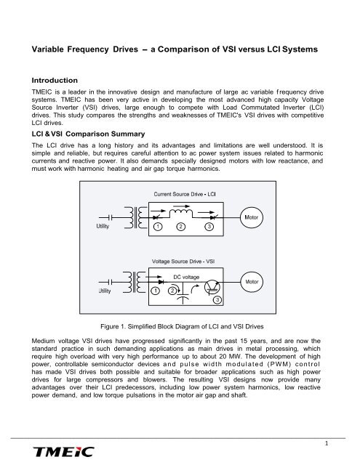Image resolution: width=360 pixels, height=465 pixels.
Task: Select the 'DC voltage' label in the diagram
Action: click(x=188, y=275)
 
